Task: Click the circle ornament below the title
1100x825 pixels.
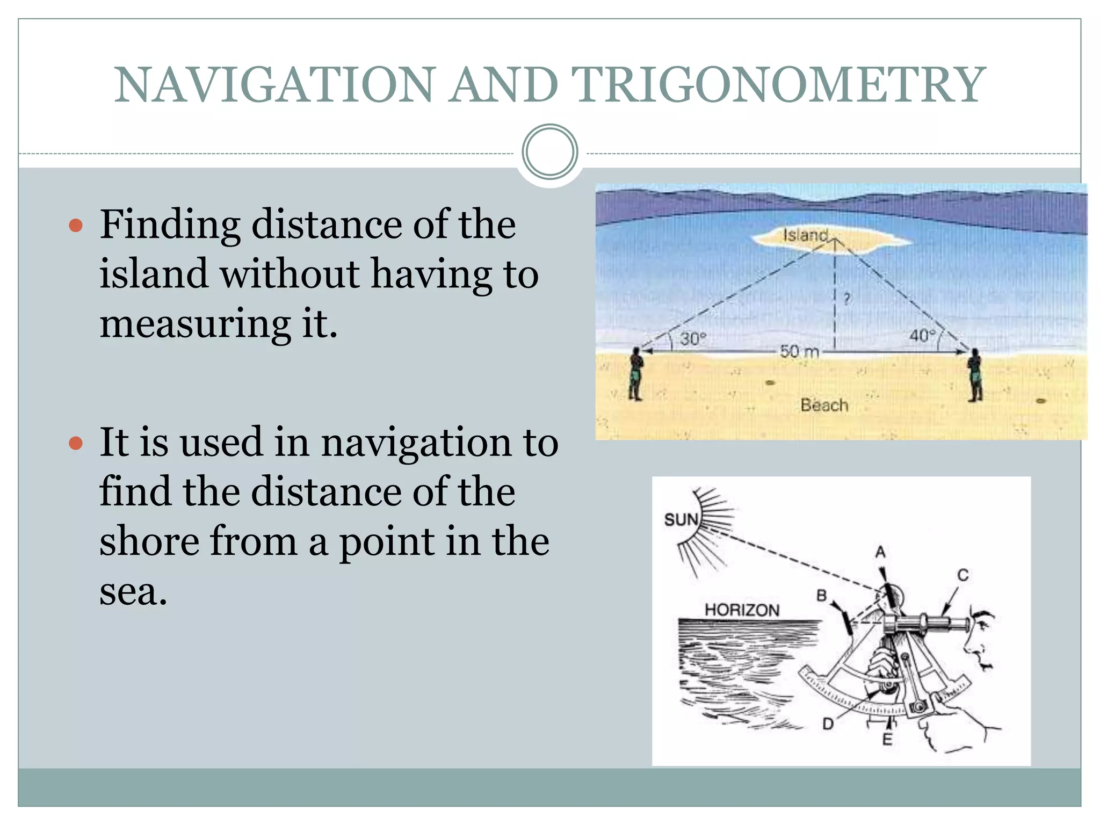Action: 549,152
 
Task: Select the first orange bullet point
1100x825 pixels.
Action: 76,225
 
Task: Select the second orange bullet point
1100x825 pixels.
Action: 76,443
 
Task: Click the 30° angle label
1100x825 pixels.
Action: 693,339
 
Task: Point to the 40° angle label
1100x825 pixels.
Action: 922,336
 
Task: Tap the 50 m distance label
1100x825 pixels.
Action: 799,352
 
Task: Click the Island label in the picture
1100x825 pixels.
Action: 805,235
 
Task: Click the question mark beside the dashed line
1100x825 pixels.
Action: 847,299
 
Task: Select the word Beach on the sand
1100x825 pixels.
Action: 824,405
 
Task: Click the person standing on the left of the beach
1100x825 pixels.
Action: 636,374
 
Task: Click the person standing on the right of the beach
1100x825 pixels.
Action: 974,374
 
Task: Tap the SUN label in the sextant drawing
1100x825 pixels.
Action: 681,519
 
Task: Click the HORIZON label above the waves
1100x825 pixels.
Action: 742,610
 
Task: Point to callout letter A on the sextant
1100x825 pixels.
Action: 880,552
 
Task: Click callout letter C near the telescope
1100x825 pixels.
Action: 963,575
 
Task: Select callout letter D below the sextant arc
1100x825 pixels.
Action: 828,725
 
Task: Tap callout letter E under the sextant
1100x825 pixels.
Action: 887,740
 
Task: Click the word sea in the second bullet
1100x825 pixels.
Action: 133,591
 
